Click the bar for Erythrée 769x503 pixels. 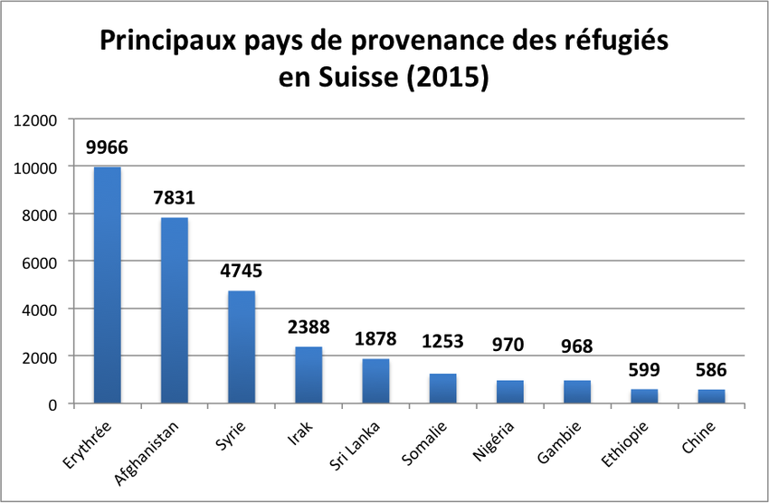click(107, 285)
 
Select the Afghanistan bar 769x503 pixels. click(174, 310)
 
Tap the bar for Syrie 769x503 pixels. click(241, 346)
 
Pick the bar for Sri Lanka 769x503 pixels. click(375, 381)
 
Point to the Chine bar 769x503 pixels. click(711, 396)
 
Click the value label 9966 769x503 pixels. click(107, 147)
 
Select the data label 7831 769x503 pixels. click(174, 197)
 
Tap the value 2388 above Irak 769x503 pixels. click(309, 327)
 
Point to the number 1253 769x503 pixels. click(442, 341)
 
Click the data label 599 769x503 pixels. click(644, 369)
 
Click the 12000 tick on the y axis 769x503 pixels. click(37, 120)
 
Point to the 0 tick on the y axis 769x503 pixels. click(53, 404)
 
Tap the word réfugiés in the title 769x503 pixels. click(612, 42)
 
